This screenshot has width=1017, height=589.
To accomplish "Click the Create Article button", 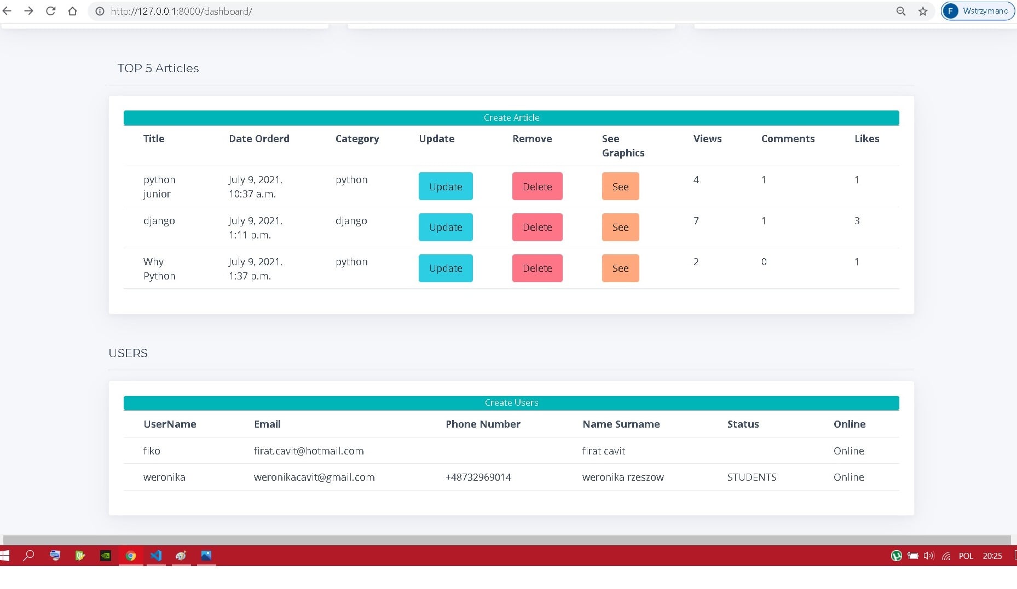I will (511, 118).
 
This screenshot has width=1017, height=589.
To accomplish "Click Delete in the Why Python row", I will (537, 268).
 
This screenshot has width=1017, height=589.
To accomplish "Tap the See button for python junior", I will (620, 186).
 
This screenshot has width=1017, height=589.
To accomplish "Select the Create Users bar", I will (511, 403).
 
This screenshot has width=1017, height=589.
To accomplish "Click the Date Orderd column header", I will (259, 138).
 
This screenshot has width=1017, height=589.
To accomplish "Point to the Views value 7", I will (696, 220).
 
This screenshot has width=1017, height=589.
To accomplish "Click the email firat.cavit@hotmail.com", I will (309, 451).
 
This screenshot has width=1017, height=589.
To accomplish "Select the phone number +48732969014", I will (478, 477).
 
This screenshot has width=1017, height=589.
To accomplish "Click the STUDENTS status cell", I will (752, 477).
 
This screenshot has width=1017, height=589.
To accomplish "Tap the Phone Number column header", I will (483, 424).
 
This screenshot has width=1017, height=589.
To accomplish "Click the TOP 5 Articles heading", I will (158, 68).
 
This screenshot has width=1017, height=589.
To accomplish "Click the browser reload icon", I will (50, 11).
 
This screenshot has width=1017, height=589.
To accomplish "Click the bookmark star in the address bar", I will (923, 11).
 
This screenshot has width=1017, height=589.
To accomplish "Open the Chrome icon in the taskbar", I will (131, 556).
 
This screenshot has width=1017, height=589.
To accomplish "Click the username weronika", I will (164, 477).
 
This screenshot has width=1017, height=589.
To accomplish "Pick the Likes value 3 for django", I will (857, 220).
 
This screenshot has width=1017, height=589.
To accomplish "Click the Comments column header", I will (788, 138).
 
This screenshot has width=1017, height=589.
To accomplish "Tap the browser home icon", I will (72, 11).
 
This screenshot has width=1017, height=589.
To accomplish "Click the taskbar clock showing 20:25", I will (992, 556).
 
